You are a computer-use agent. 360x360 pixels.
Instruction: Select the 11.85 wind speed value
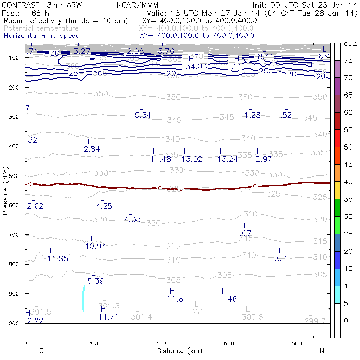(x=57, y=258)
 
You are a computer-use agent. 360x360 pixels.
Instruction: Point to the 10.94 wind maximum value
(x=96, y=246)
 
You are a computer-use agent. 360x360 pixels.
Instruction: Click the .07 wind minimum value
(x=246, y=234)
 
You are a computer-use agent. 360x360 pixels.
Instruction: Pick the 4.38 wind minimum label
(x=132, y=220)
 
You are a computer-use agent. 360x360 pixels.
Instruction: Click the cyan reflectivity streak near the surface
(x=83, y=298)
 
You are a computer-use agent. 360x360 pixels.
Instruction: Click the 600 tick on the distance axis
(x=297, y=343)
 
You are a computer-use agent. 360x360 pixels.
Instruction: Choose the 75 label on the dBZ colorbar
(x=348, y=60)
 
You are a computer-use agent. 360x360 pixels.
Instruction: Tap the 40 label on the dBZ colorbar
(x=348, y=182)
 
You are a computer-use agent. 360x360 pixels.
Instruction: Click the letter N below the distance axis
(x=321, y=351)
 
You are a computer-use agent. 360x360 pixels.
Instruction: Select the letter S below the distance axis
(x=41, y=351)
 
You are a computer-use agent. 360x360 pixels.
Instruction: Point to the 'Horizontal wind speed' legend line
(x=42, y=36)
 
